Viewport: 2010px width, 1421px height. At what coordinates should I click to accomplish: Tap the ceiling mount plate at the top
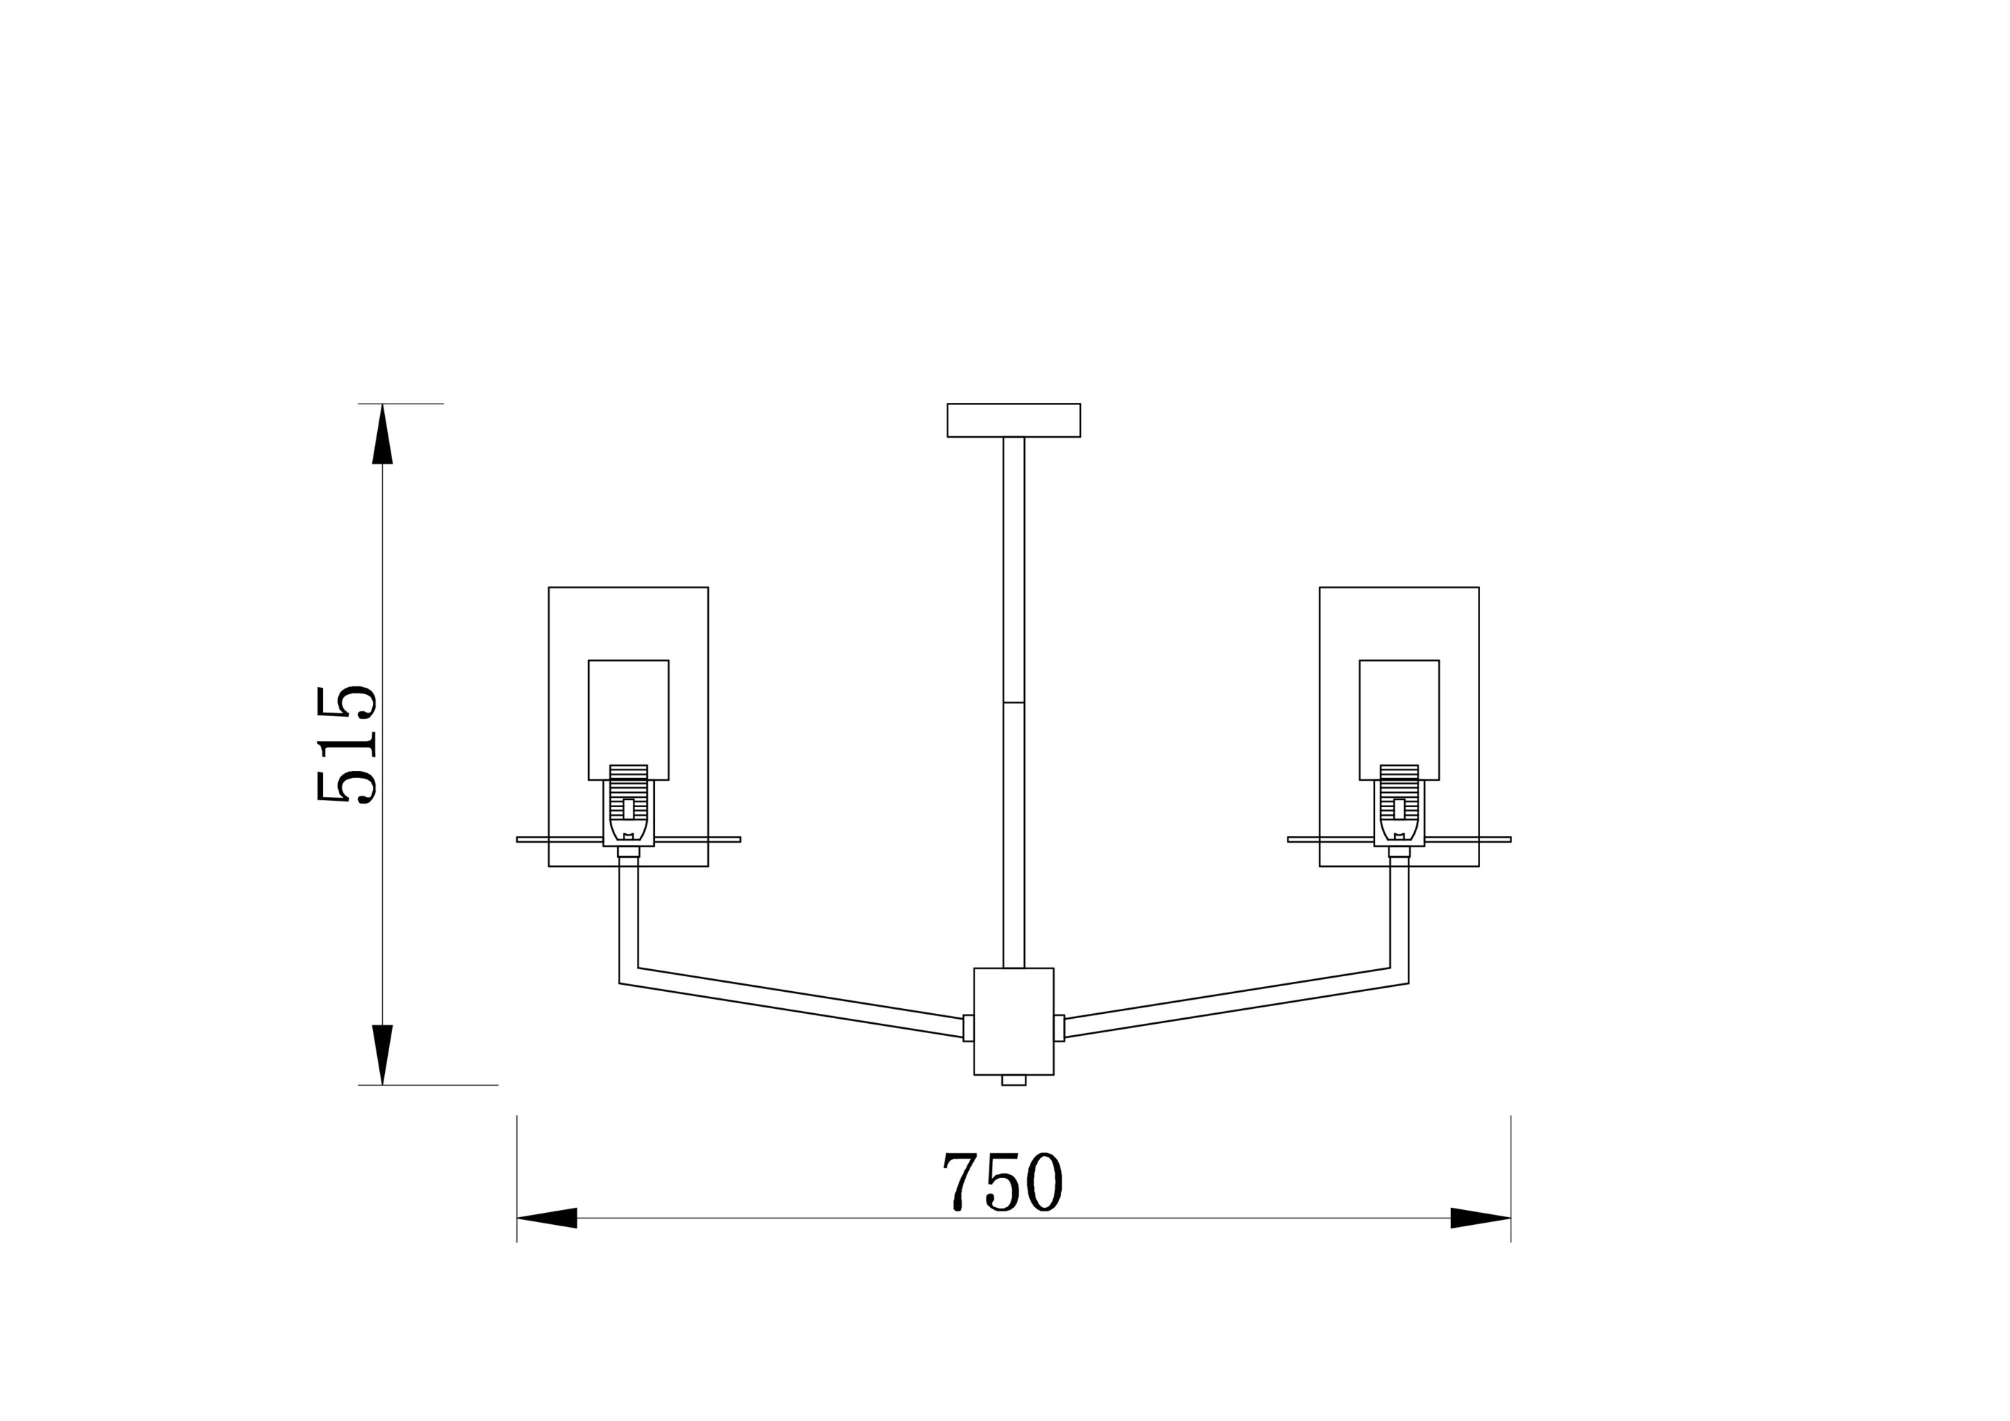pyautogui.click(x=1013, y=420)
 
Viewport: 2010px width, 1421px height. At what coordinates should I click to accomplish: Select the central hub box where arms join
pyautogui.click(x=1013, y=1021)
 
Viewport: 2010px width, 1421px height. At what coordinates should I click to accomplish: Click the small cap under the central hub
pyautogui.click(x=1014, y=1081)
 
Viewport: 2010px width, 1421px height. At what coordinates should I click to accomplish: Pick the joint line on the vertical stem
pyautogui.click(x=1014, y=702)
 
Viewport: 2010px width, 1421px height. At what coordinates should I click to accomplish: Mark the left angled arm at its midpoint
pyautogui.click(x=791, y=1002)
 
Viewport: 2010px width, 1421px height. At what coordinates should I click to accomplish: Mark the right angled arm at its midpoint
pyautogui.click(x=1236, y=1002)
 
